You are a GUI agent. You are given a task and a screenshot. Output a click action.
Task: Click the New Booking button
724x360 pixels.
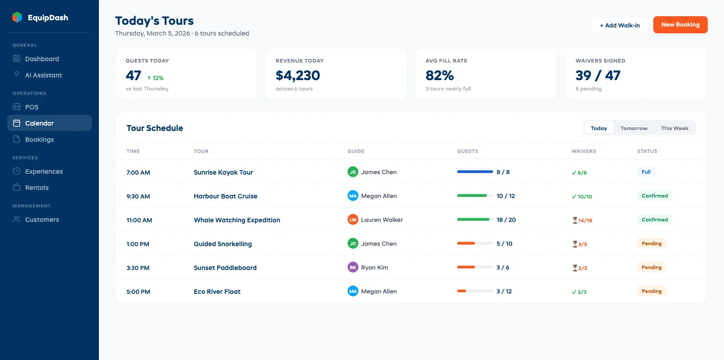pos(680,25)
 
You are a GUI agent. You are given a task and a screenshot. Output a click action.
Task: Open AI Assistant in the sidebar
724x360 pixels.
pos(43,75)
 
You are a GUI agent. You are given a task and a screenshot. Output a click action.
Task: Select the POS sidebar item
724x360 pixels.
pos(31,107)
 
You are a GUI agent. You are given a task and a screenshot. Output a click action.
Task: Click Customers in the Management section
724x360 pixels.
pos(42,220)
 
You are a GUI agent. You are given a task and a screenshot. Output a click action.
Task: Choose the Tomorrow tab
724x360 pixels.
pos(634,128)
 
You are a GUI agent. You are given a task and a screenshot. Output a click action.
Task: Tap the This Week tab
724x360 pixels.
pos(674,128)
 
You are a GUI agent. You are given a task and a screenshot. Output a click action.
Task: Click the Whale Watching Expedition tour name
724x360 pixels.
pos(237,220)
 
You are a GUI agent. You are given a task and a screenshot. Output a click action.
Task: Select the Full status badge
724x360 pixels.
pos(646,172)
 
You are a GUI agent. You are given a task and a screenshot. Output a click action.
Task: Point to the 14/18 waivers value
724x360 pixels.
pos(585,220)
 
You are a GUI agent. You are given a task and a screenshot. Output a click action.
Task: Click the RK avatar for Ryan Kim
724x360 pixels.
pos(353,267)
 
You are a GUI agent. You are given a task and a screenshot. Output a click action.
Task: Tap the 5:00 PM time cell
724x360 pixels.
pos(138,292)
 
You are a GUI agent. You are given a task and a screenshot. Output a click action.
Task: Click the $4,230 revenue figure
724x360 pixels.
pos(298,76)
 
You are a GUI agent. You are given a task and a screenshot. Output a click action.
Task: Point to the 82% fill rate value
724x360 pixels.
pos(439,76)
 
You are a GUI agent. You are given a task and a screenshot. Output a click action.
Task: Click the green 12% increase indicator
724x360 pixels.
pos(155,78)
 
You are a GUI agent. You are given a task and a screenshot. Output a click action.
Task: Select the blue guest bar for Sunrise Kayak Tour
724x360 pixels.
pos(474,172)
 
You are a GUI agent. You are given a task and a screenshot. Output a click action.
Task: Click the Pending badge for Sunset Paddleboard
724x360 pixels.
pos(651,267)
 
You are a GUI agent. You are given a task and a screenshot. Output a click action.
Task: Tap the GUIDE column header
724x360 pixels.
pos(356,151)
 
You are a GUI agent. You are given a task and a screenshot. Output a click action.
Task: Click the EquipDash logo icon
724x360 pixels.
pos(17,18)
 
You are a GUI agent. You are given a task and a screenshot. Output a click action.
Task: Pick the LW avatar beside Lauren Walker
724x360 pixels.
pos(353,220)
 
